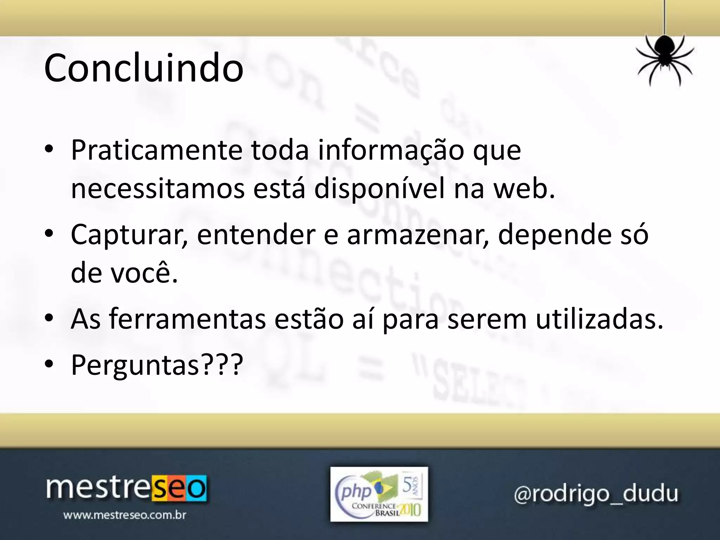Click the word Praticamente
[156, 150]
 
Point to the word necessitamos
[157, 189]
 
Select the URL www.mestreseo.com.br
[124, 516]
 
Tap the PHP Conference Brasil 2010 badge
[379, 494]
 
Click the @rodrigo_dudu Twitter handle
[596, 494]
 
